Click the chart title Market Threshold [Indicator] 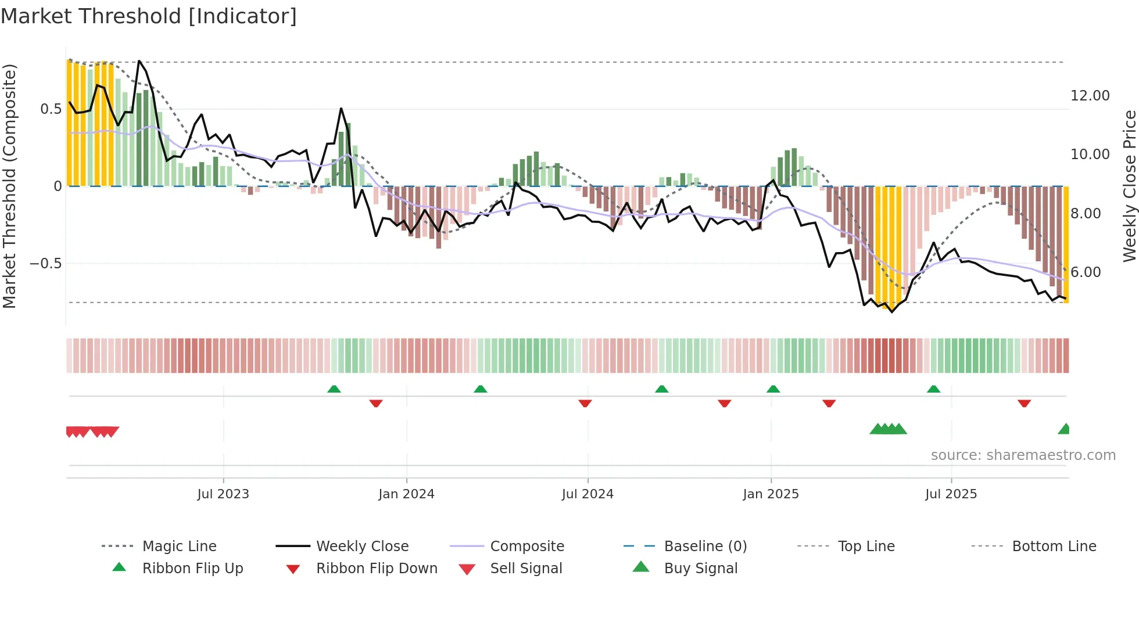(x=149, y=16)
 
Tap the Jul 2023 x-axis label (x=223, y=494)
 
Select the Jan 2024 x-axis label (x=406, y=494)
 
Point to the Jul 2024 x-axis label (x=588, y=494)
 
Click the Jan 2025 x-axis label (x=771, y=494)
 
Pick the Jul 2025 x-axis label (x=951, y=494)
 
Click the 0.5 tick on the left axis (x=51, y=109)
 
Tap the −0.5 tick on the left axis (x=46, y=264)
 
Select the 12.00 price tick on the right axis (x=1090, y=96)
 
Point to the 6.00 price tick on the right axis (x=1085, y=272)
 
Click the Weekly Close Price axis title (x=1129, y=186)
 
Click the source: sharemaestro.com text (x=1023, y=455)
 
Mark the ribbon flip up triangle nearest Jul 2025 (x=933, y=389)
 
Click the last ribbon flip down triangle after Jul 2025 (x=1024, y=403)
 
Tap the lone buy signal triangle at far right (x=1064, y=429)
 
